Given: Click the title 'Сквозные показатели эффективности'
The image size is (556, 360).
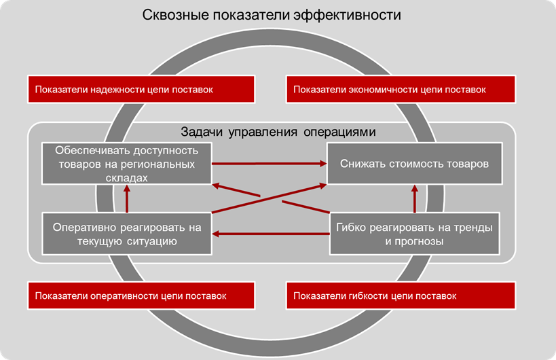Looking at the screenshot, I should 272,14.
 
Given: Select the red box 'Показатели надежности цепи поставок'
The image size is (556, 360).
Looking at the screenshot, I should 141,89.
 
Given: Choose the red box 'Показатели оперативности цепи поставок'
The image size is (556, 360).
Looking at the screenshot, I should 141,296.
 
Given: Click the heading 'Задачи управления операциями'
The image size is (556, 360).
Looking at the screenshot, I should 278,131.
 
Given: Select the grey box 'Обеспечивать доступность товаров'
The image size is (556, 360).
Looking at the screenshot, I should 126,164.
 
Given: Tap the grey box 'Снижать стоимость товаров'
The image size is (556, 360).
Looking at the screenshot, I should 415,164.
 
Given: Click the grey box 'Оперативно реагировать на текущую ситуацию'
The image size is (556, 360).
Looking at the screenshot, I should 126,234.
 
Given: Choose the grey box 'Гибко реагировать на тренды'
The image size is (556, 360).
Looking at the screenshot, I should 415,234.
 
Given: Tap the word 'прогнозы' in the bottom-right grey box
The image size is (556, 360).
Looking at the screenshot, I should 421,241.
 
